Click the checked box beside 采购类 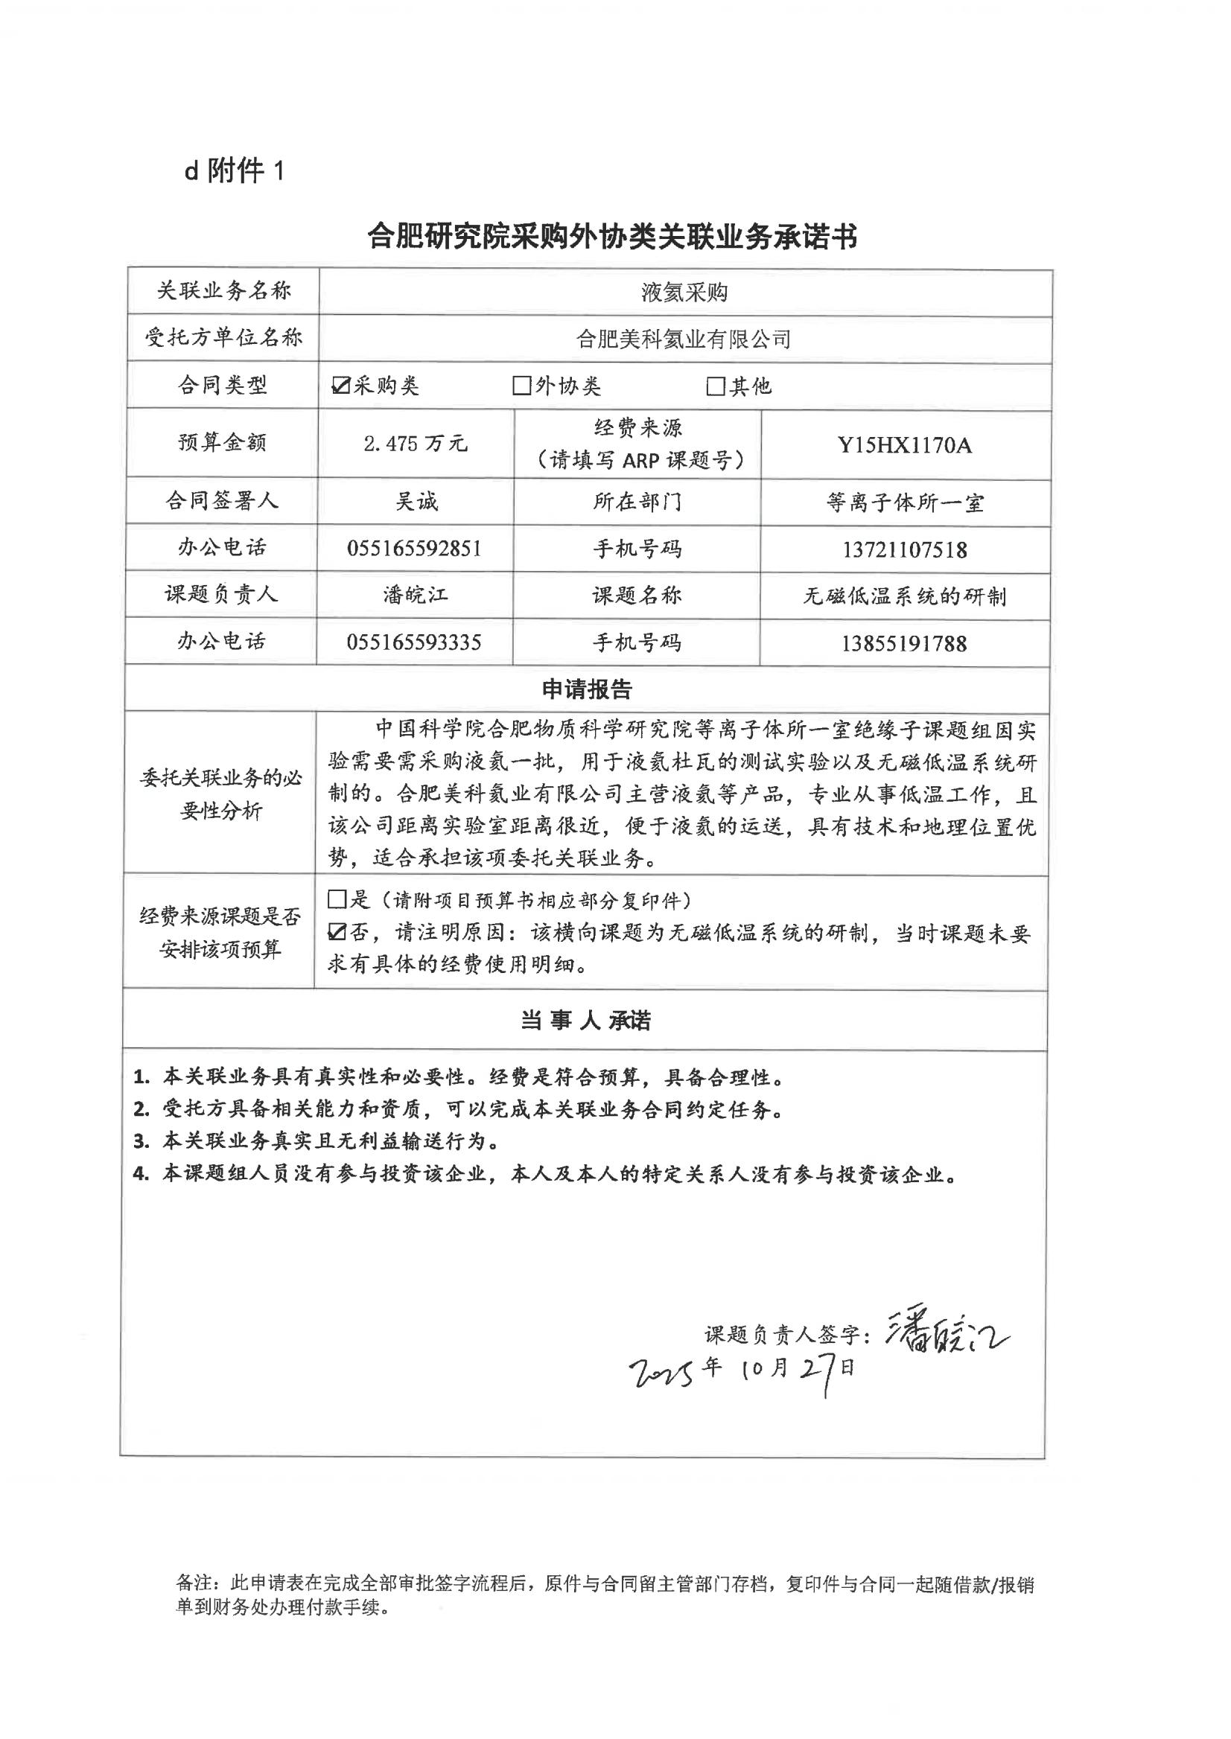pyautogui.click(x=340, y=386)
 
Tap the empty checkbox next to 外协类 pyautogui.click(x=521, y=386)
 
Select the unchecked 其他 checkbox pyautogui.click(x=715, y=386)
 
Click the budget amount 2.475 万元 pyautogui.click(x=416, y=444)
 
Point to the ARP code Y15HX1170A pyautogui.click(x=904, y=444)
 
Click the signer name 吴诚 pyautogui.click(x=416, y=502)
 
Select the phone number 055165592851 pyautogui.click(x=414, y=549)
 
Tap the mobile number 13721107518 pyautogui.click(x=904, y=550)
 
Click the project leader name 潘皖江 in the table pyautogui.click(x=415, y=595)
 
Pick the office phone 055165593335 pyautogui.click(x=414, y=642)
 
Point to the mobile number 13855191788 pyautogui.click(x=903, y=644)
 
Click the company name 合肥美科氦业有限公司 pyautogui.click(x=684, y=339)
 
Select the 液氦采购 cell pyautogui.click(x=684, y=293)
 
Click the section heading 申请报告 pyautogui.click(x=586, y=689)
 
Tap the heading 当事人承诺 pyautogui.click(x=585, y=1021)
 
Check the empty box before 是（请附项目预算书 pyautogui.click(x=337, y=899)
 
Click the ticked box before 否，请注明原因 pyautogui.click(x=337, y=932)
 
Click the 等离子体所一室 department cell pyautogui.click(x=904, y=503)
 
